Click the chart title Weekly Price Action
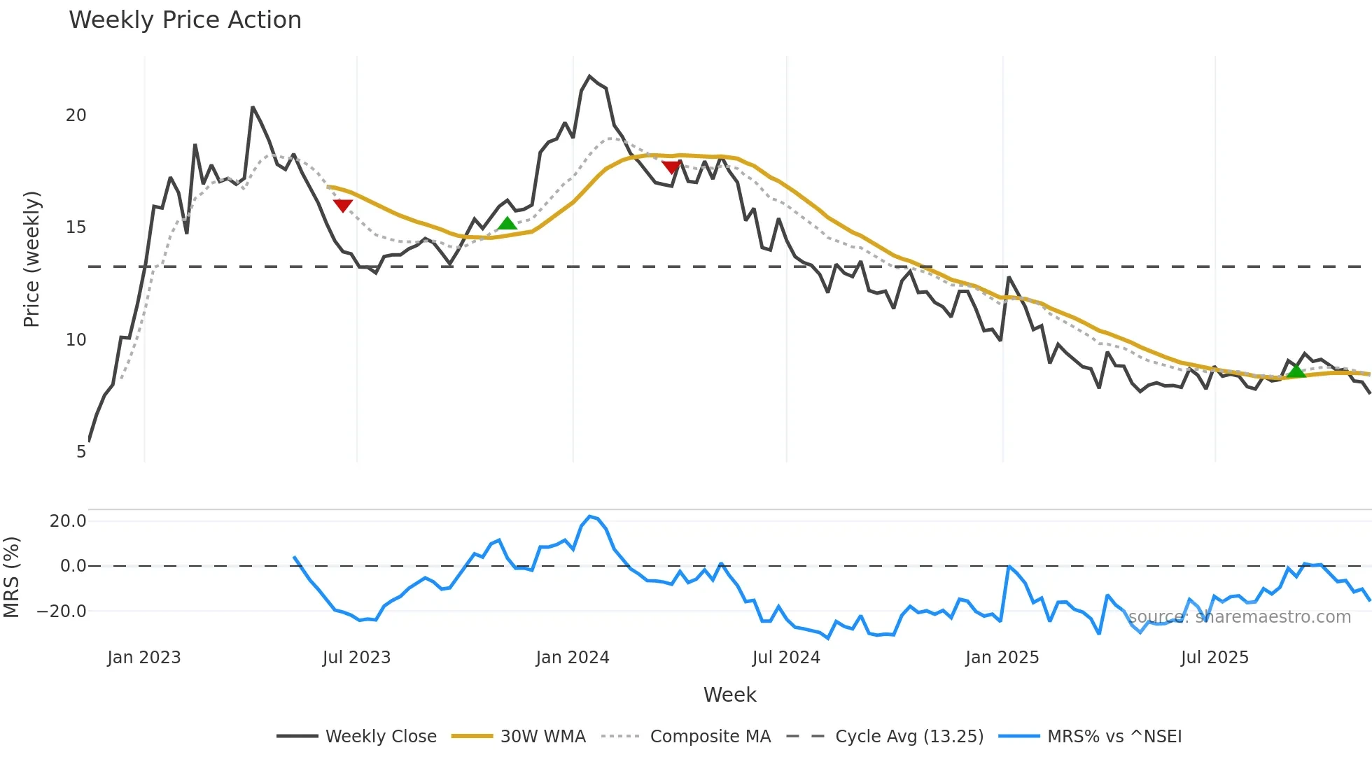185,20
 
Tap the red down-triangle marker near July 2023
342,205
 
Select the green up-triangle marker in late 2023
507,224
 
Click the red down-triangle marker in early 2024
671,167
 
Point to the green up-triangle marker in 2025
1296,371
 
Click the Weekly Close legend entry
356,736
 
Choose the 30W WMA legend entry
519,736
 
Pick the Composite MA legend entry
686,736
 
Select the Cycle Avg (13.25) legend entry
885,736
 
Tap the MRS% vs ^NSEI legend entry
1090,736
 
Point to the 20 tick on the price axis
76,115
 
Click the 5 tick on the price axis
81,452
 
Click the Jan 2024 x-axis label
573,658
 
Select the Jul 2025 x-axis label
1214,658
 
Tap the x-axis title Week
729,695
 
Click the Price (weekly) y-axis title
31,259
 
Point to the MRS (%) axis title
11,577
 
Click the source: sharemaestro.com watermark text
1239,616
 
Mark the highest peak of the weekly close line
589,76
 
